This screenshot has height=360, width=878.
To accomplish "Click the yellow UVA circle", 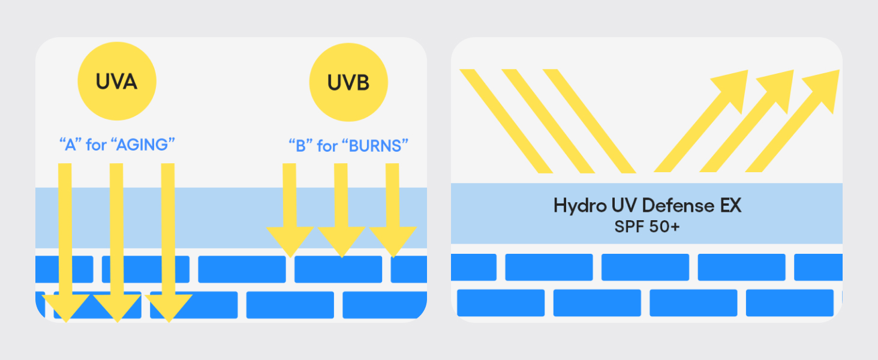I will coord(117,81).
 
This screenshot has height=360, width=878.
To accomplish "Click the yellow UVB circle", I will coord(348,82).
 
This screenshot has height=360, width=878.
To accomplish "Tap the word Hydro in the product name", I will coord(578,206).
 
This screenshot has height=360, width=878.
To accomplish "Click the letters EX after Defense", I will coord(729,206).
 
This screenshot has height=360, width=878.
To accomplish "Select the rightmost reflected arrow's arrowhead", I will coord(823,87).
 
